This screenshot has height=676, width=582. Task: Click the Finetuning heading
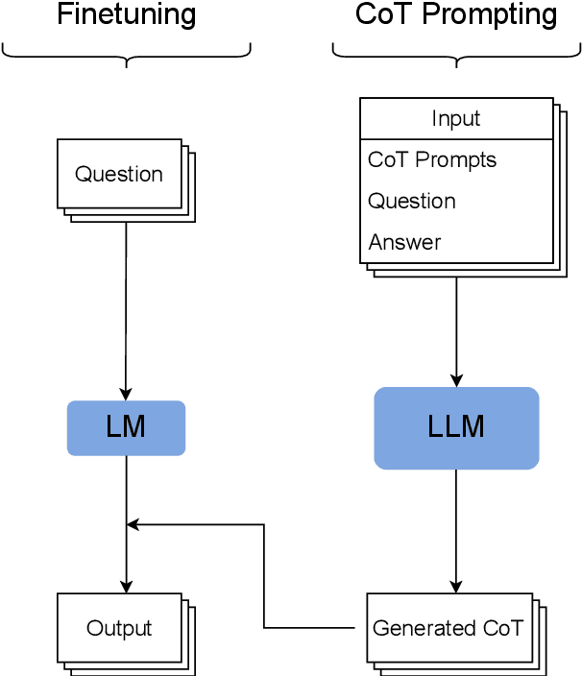click(127, 15)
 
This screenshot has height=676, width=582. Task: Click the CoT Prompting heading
click(456, 15)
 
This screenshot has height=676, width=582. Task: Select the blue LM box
click(126, 427)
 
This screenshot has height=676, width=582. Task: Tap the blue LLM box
click(456, 427)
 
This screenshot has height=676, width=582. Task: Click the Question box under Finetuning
click(119, 174)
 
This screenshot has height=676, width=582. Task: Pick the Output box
click(119, 628)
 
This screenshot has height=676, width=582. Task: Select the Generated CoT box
click(448, 628)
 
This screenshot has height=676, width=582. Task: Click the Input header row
click(456, 119)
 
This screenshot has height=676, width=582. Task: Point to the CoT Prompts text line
click(432, 159)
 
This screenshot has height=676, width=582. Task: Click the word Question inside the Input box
click(412, 201)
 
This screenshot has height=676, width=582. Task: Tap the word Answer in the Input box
click(404, 242)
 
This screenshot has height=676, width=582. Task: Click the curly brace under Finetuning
click(127, 54)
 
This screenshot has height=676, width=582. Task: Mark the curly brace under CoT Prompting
click(456, 54)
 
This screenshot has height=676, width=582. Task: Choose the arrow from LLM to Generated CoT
click(456, 528)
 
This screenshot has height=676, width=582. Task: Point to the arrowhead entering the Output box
click(127, 586)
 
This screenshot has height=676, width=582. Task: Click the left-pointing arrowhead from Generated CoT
click(134, 524)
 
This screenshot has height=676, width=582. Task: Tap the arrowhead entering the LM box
click(127, 394)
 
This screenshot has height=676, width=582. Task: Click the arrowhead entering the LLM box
click(456, 379)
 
